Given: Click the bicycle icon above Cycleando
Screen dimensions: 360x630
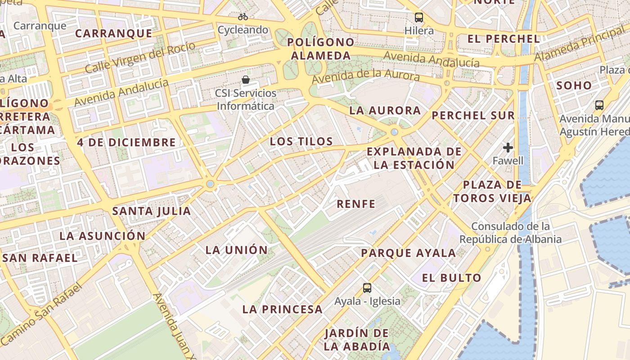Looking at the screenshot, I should (x=243, y=17).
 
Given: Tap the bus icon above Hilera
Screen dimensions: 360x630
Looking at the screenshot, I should (x=419, y=18).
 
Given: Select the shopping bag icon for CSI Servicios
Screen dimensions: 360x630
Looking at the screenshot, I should (x=246, y=80).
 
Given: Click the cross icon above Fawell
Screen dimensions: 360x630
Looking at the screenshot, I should (x=508, y=147).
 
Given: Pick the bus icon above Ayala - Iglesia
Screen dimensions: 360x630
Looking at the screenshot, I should (x=367, y=288).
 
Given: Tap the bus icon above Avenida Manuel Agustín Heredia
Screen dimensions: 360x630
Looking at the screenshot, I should (x=599, y=105).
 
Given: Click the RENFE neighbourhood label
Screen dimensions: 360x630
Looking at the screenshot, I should (x=356, y=204).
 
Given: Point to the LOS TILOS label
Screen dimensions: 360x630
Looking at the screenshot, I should (x=301, y=142).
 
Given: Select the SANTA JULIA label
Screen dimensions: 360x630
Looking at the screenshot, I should (x=152, y=211).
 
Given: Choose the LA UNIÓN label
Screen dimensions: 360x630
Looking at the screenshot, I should (x=237, y=250).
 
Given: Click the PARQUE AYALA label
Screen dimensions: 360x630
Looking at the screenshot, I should (x=409, y=253).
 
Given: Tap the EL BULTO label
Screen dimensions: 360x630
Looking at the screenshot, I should (x=452, y=278).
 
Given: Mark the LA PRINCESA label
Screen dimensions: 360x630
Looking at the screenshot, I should (x=283, y=310).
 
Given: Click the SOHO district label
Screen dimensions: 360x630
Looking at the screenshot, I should (x=574, y=85).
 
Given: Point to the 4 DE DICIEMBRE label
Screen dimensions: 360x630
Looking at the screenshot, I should (x=126, y=143).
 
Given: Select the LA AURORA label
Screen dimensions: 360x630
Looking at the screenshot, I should (x=385, y=111).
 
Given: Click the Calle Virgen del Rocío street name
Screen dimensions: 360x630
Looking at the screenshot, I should (x=140, y=58).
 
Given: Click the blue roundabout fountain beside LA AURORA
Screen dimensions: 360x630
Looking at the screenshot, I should (x=395, y=132).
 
